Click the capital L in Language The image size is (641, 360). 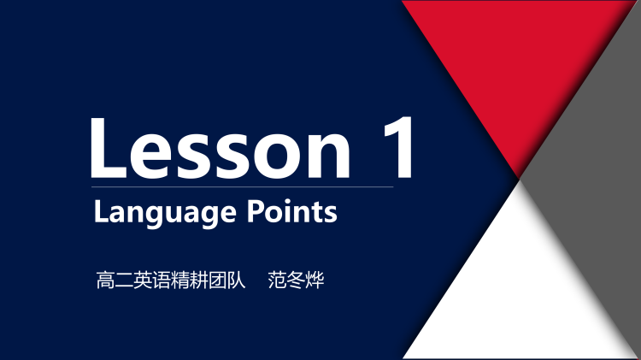pyautogui.click(x=100, y=210)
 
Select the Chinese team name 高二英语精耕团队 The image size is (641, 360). pyautogui.click(x=172, y=280)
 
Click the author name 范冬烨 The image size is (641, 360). pyautogui.click(x=296, y=280)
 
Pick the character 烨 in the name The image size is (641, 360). pyautogui.click(x=315, y=280)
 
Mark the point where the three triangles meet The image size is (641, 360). pyautogui.click(x=520, y=179)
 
